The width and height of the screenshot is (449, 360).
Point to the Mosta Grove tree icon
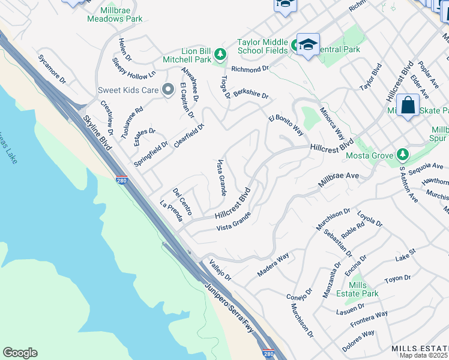tap(402, 156)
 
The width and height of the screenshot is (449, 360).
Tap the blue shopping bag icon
tap(408, 106)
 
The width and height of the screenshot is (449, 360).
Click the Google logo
tap(20, 353)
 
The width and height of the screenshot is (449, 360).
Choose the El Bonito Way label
tap(286, 122)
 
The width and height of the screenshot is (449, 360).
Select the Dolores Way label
tap(358, 341)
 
